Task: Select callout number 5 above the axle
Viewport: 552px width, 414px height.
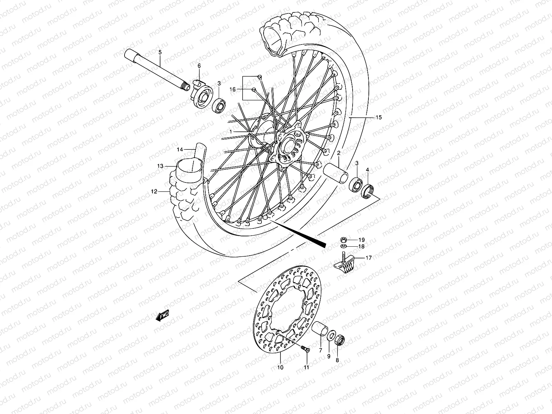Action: click(x=160, y=52)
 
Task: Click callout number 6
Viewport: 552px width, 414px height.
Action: click(x=199, y=66)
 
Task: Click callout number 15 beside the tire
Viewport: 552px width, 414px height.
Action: click(x=378, y=118)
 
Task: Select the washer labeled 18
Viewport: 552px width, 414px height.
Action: click(x=344, y=247)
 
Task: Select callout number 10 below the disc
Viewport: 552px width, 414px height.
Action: click(x=280, y=367)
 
